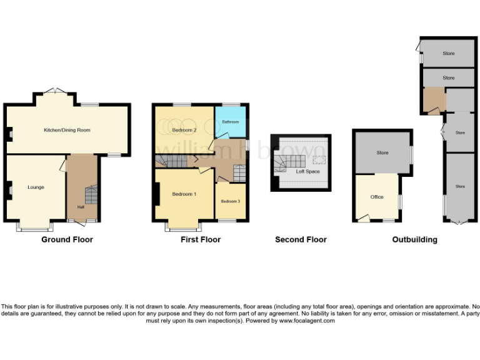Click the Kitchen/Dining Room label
[x=67, y=130]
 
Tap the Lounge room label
[x=36, y=187]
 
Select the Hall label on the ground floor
[x=81, y=207]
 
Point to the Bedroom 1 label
[x=184, y=194]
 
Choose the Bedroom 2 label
[x=184, y=130]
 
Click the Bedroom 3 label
[x=230, y=201]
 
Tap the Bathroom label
[x=230, y=121]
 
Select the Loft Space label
[x=308, y=171]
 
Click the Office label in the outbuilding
[x=377, y=197]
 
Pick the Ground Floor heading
[x=67, y=239]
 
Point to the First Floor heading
[x=200, y=239]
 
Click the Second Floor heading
[x=301, y=239]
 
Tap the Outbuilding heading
[x=414, y=239]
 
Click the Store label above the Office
[x=382, y=152]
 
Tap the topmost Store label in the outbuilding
[x=448, y=54]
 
